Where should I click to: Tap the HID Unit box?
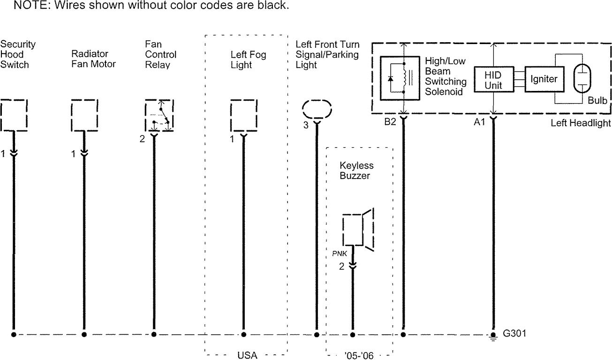[493, 80]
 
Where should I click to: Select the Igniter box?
[544, 79]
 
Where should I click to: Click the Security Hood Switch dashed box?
[14, 115]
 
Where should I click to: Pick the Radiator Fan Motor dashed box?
[84, 115]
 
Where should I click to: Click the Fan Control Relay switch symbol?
[160, 115]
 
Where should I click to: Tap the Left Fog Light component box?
[244, 115]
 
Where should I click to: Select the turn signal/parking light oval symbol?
[317, 110]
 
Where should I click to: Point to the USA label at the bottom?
[247, 355]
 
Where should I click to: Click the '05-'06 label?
[359, 355]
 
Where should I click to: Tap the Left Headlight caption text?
[581, 123]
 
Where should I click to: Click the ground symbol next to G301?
[493, 337]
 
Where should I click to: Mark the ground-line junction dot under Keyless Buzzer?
[353, 334]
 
